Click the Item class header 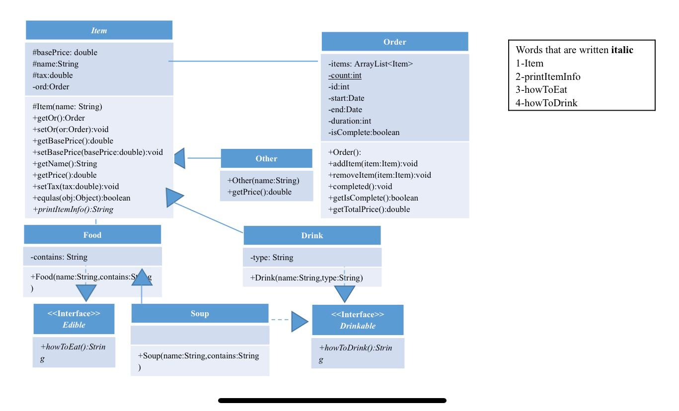click(x=99, y=31)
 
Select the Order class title click(x=394, y=42)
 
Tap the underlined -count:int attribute click(x=345, y=75)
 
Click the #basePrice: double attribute click(x=65, y=53)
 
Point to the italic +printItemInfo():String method click(x=73, y=209)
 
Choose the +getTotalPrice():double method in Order click(x=369, y=209)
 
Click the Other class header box click(x=266, y=159)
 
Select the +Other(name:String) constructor click(x=263, y=181)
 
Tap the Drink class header click(x=312, y=236)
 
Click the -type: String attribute click(x=272, y=258)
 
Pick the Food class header click(x=92, y=235)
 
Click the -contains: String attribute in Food click(x=59, y=257)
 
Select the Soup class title click(x=200, y=314)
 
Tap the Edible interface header click(x=74, y=319)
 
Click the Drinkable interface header click(x=358, y=320)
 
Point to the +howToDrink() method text click(x=356, y=348)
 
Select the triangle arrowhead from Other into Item click(x=180, y=158)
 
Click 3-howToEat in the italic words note click(x=541, y=90)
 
